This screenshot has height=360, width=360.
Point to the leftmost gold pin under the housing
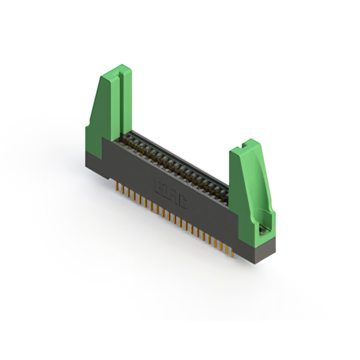(116, 185)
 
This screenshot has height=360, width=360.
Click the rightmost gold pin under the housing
(232, 253)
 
